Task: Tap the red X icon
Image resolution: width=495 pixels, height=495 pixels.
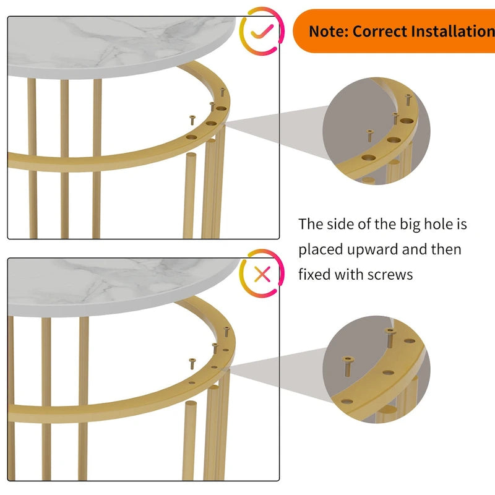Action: pyautogui.click(x=262, y=273)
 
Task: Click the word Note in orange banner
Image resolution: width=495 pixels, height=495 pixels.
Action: pyautogui.click(x=328, y=31)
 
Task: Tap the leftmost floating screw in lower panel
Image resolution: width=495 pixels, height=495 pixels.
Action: pyautogui.click(x=192, y=362)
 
